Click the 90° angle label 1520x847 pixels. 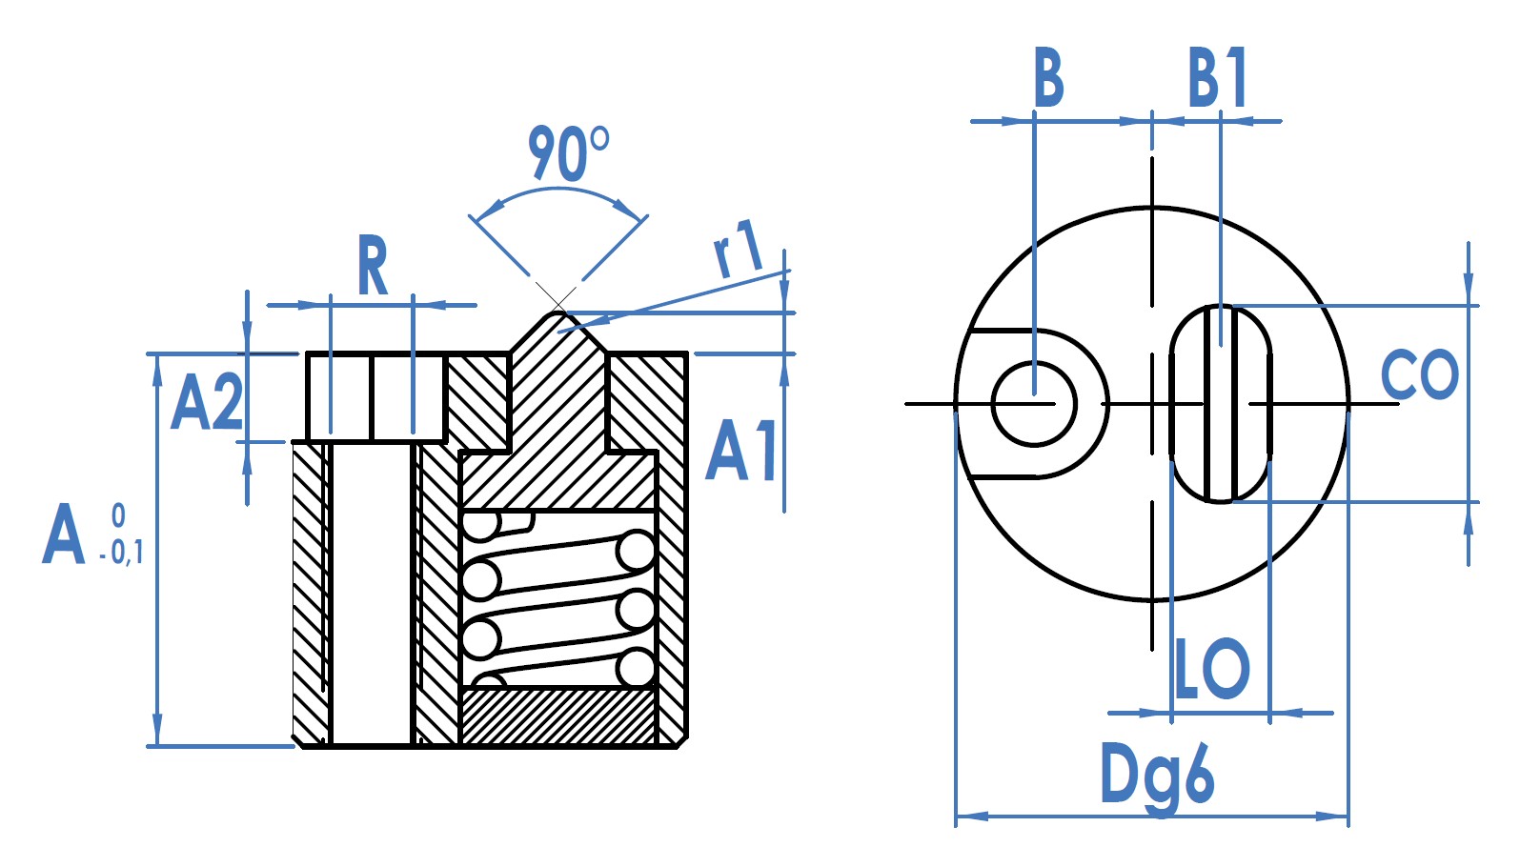pos(569,153)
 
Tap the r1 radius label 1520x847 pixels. pos(739,249)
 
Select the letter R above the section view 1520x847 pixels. pos(372,266)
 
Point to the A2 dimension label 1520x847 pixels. pos(207,401)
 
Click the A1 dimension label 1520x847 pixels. pos(741,451)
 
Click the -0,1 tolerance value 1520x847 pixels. pos(121,554)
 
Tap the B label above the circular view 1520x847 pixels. pos(1048,76)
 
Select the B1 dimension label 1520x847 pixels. pos(1217,77)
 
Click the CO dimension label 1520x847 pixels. pos(1419,374)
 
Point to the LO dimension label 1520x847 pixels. pos(1211,669)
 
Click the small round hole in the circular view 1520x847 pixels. pos(1034,404)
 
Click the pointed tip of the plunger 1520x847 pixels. pos(557,312)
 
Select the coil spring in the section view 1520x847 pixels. pos(558,600)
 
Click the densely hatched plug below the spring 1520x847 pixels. pos(558,716)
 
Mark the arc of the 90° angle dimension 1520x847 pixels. pos(557,190)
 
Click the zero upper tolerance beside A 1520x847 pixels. pos(118,516)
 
